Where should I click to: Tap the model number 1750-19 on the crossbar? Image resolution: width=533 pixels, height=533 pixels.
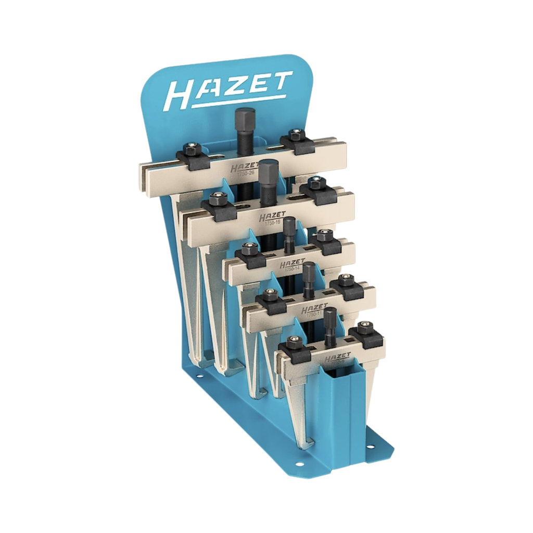[x=272, y=222]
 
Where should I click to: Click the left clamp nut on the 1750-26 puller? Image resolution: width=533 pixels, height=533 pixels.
[x=190, y=149]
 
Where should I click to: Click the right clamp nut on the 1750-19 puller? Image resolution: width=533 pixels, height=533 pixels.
[x=314, y=182]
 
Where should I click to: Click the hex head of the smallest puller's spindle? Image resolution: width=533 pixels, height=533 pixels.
[x=329, y=315]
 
